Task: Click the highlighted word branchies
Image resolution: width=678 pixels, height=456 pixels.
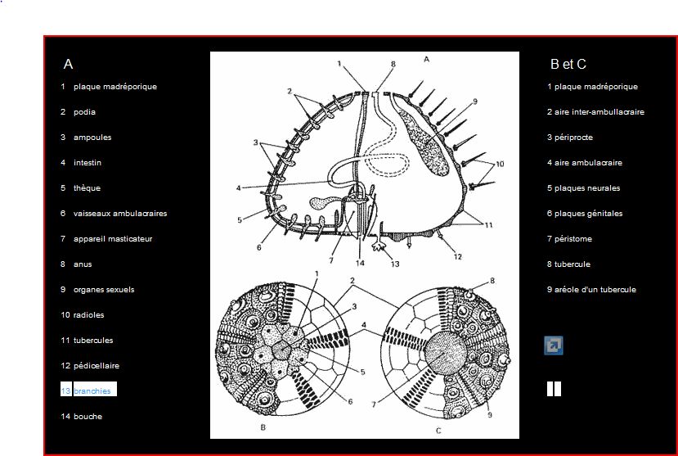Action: click(x=92, y=391)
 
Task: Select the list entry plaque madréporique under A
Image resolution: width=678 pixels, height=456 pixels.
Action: click(x=115, y=87)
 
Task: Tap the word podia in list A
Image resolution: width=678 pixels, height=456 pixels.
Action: click(x=84, y=112)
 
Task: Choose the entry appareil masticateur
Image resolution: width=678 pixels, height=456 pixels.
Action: click(x=113, y=239)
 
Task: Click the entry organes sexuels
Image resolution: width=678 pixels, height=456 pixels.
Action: click(x=104, y=290)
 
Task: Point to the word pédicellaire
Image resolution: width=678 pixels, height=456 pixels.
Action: click(x=97, y=366)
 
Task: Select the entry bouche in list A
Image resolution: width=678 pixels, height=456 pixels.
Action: click(x=88, y=416)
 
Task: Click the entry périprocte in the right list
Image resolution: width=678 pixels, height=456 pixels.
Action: click(x=573, y=138)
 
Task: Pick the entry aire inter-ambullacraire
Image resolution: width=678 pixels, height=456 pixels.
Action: click(x=599, y=112)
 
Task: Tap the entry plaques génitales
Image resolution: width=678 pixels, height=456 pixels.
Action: click(x=589, y=214)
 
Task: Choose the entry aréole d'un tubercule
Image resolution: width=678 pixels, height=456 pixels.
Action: click(x=595, y=290)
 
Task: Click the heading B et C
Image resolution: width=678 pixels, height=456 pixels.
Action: click(x=568, y=64)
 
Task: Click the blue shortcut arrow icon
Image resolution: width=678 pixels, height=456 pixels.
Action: click(x=554, y=345)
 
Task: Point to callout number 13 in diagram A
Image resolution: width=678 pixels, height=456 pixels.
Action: click(x=395, y=264)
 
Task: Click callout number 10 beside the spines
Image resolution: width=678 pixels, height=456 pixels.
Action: click(x=500, y=164)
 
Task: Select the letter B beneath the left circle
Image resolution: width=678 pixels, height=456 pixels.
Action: click(x=263, y=427)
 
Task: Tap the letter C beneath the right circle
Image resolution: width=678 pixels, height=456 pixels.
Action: click(x=438, y=431)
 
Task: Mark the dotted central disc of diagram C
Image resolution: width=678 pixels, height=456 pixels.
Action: click(x=446, y=353)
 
